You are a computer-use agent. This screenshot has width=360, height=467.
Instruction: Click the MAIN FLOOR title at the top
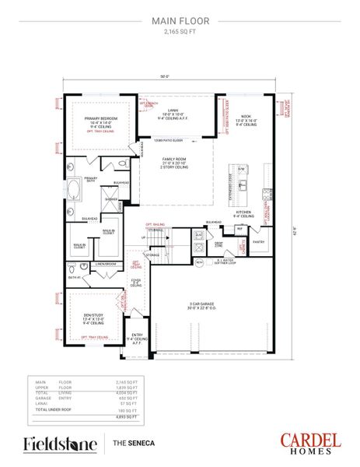pos(180,23)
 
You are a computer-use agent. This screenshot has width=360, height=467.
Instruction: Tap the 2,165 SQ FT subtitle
pos(180,35)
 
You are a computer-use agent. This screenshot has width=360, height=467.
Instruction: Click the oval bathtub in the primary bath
pos(73,189)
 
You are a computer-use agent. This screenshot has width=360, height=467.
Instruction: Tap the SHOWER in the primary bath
pos(111,199)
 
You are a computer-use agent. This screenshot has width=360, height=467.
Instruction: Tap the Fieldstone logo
pos(60,444)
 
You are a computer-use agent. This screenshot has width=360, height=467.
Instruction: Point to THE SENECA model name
pos(132,444)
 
